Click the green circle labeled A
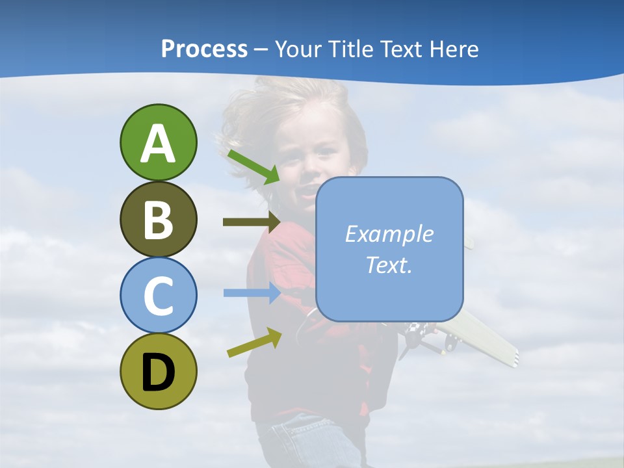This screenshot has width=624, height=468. (158, 142)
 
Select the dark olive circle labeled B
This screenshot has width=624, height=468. (158, 219)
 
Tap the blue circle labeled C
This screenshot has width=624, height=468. (158, 295)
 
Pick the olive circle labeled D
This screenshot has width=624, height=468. (158, 371)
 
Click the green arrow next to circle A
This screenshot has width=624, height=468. (253, 166)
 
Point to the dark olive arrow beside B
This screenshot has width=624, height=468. (251, 222)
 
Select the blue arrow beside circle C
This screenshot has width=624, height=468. (252, 292)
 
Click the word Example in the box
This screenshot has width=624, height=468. (389, 234)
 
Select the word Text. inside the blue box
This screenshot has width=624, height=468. (389, 265)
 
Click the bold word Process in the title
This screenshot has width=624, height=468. (204, 49)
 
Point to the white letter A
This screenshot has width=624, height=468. (158, 143)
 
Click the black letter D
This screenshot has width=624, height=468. (158, 372)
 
